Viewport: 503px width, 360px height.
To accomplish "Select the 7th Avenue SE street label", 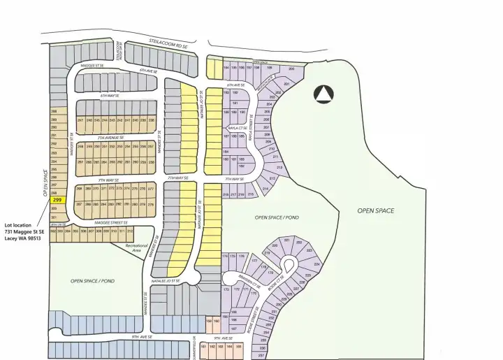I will (x=112, y=138).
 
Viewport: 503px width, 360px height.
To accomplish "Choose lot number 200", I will (x=291, y=69).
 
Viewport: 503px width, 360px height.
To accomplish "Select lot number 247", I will (x=80, y=120).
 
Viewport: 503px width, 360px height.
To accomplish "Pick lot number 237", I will (x=261, y=355).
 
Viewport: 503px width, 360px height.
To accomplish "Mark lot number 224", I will (x=316, y=265).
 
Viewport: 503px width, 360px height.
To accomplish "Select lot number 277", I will (x=151, y=189).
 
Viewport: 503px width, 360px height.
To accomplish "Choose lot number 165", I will (x=239, y=346).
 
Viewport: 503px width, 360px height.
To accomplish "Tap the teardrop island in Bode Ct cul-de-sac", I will (x=287, y=264).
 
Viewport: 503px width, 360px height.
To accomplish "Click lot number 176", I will (x=242, y=257).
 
